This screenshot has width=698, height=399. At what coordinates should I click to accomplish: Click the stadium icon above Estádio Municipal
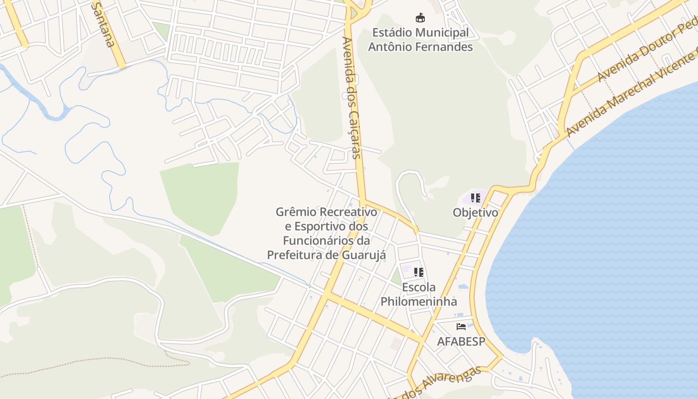pyautogui.click(x=420, y=18)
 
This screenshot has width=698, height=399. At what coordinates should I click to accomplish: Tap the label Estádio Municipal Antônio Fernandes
pyautogui.click(x=420, y=40)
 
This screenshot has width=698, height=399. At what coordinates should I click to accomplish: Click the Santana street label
pyautogui.click(x=104, y=23)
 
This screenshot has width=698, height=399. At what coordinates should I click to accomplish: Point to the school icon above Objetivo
pyautogui.click(x=475, y=198)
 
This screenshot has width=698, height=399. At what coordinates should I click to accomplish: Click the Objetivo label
pyautogui.click(x=475, y=212)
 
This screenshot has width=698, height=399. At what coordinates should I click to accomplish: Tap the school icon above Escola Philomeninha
pyautogui.click(x=418, y=272)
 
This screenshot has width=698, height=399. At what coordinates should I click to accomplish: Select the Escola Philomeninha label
pyautogui.click(x=419, y=294)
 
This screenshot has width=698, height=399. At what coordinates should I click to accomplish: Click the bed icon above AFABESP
pyautogui.click(x=461, y=327)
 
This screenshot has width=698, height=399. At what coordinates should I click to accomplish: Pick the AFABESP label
pyautogui.click(x=461, y=342)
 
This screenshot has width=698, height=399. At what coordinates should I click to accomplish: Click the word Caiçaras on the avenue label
pyautogui.click(x=355, y=135)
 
